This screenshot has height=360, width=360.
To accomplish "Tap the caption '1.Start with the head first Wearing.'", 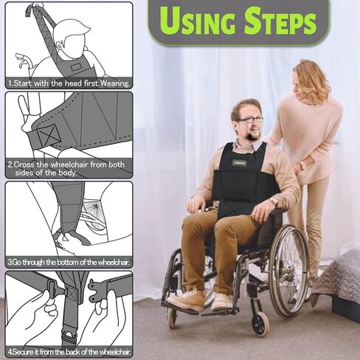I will point(69,83).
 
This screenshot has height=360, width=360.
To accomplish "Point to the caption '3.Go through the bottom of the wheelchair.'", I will point(69,262).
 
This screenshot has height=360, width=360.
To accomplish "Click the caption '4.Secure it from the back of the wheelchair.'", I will point(69,351).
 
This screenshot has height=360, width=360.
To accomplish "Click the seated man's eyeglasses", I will point(250,120).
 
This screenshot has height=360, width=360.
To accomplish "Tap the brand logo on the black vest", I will point(239,162).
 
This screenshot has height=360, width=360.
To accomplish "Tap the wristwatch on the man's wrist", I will point(274,201).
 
